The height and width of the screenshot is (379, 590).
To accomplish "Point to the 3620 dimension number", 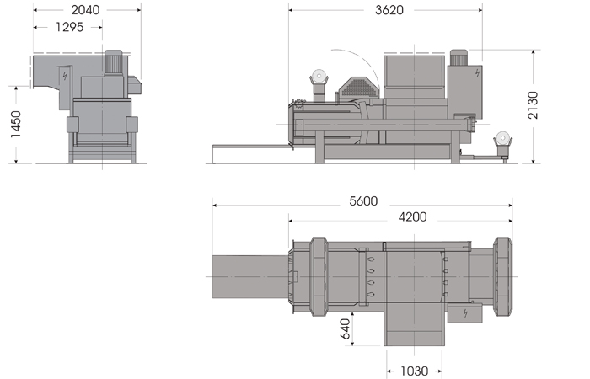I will pos(387,11).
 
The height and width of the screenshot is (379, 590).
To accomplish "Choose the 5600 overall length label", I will pos(361,202).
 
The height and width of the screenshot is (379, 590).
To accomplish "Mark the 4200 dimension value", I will pos(412,216).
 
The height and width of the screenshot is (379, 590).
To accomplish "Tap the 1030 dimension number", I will pos(414,370).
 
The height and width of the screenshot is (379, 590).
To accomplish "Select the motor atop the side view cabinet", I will pos(459,56).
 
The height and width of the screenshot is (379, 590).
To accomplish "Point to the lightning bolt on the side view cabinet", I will pos(477,72).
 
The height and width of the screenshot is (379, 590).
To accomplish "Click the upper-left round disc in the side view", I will pos(319,76).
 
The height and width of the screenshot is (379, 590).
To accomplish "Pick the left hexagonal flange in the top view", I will pos(318,275).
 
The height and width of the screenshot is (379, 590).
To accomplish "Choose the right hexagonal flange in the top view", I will pos(503,275).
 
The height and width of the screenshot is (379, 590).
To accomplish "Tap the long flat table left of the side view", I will pos(250,147).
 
